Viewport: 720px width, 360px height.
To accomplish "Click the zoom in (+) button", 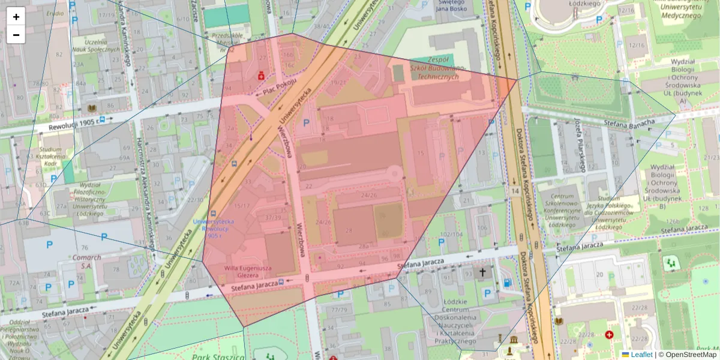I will (x=16, y=17).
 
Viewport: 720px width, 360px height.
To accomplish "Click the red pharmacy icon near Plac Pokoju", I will (x=261, y=76).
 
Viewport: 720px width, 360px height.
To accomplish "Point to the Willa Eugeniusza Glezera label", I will (x=248, y=272).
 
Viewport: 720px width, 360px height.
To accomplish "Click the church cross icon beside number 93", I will (x=482, y=272).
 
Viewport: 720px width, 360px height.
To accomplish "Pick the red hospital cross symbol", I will (x=610, y=335).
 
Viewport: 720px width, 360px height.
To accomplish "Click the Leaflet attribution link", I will (x=641, y=355).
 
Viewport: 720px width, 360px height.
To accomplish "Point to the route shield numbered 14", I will (x=515, y=190).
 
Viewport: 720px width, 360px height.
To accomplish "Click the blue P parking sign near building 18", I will (x=307, y=123).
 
